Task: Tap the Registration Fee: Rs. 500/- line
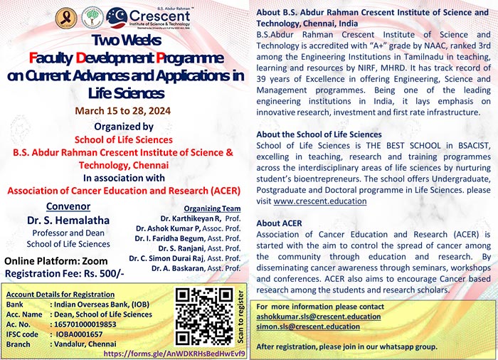tap(53, 273)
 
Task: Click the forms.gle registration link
tap(175, 353)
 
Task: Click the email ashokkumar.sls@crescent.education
tap(316, 317)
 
